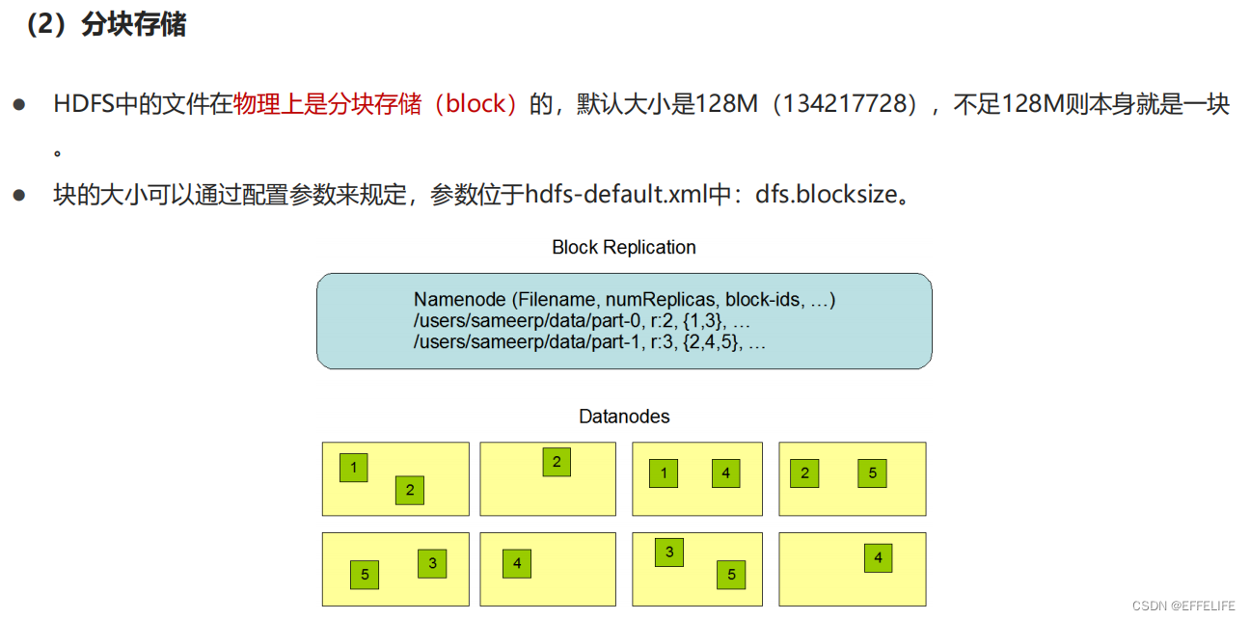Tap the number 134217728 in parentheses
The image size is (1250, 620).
[848, 104]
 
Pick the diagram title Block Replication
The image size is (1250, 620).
[623, 247]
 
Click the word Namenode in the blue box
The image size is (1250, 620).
[453, 300]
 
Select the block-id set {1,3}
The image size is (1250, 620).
[705, 321]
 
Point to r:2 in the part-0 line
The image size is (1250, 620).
[663, 321]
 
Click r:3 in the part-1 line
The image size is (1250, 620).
[663, 341]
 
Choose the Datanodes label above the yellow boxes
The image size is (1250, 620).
[624, 417]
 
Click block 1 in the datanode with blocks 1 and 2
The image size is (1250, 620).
[354, 469]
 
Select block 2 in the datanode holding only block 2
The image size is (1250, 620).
[557, 462]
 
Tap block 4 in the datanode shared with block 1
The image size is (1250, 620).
[725, 473]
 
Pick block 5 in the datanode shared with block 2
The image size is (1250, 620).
[872, 473]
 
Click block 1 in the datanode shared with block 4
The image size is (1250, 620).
[664, 473]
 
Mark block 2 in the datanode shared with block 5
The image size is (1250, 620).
[804, 473]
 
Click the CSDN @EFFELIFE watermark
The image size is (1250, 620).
[1183, 606]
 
